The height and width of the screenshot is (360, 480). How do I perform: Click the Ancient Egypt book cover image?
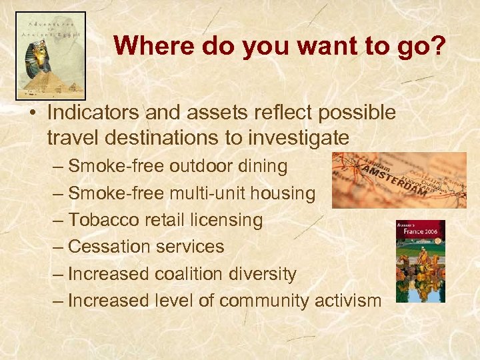(x=51, y=55)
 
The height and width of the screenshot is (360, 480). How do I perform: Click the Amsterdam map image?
(x=399, y=180)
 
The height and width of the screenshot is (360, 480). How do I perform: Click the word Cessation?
(x=108, y=247)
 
